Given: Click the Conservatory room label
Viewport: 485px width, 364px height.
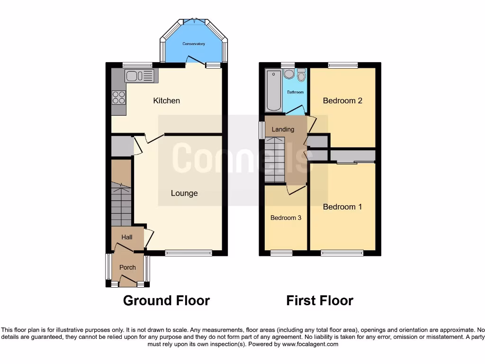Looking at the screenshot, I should tap(194, 44).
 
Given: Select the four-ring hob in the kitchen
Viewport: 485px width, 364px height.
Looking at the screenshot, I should tap(118, 97).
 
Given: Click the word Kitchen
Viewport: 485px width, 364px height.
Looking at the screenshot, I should tap(166, 100).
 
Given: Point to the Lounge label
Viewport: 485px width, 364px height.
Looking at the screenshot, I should tap(184, 193).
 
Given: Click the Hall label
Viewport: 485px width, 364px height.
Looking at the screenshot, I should tap(127, 237).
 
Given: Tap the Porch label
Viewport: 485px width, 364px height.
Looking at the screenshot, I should tap(127, 267).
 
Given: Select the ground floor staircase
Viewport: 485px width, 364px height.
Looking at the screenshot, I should tap(121, 204).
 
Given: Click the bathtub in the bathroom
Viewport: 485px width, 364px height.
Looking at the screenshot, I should tap(273, 90).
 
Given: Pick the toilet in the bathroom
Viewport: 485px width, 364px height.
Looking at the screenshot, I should tap(301, 76).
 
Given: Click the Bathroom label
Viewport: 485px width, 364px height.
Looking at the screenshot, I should tap(295, 92).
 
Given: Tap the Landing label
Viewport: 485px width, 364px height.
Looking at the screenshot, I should tap(283, 129).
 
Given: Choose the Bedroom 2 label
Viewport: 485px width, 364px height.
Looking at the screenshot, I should tap(342, 100).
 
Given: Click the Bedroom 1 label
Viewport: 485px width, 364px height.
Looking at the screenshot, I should tap(342, 207).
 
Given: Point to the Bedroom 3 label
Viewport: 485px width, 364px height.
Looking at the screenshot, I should tap(286, 218).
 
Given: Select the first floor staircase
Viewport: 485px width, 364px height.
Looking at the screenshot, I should tap(275, 160).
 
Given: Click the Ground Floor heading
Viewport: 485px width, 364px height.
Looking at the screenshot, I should tap(166, 300).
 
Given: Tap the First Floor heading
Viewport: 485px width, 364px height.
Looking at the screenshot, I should tap(320, 300).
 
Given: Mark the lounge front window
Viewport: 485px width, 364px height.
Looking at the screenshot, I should tap(189, 254).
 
